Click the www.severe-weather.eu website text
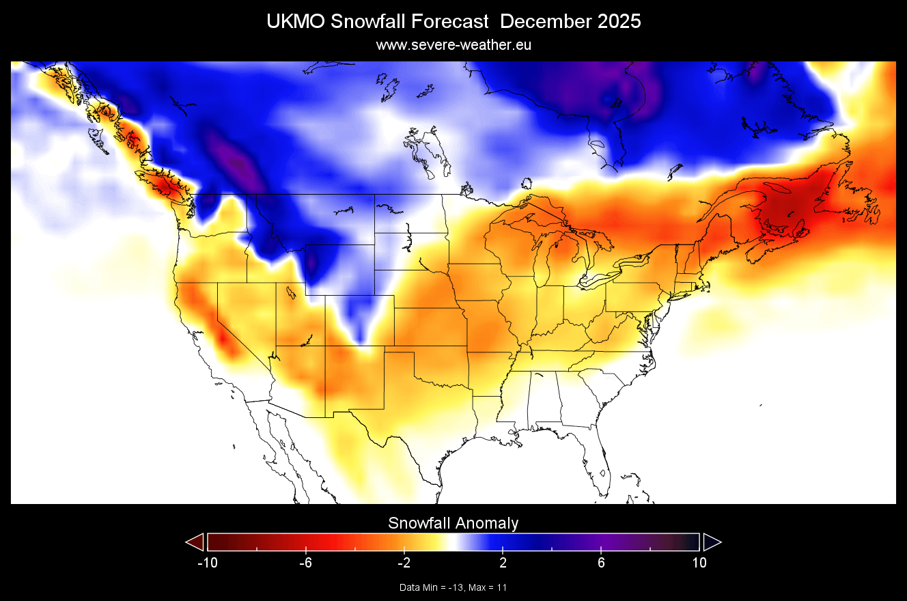point(454,45)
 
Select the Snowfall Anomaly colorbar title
point(454,523)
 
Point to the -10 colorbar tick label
point(207,563)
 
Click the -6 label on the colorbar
point(305,563)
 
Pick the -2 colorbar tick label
point(404,563)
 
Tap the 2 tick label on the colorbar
point(503,563)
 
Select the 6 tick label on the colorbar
point(601,563)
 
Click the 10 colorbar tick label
point(699,563)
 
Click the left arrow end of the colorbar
point(195,542)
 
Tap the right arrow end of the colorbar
point(712,542)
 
